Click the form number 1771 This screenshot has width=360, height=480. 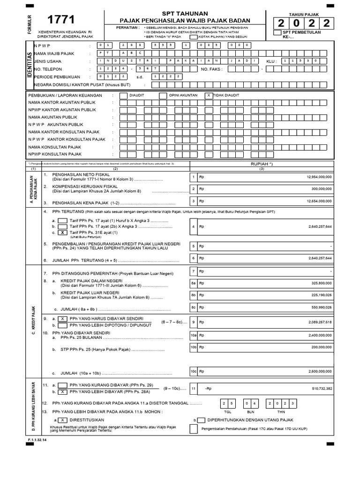[61, 20]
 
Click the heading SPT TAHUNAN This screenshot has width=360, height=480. [185, 13]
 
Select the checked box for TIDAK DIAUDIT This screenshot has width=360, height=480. [209, 95]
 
